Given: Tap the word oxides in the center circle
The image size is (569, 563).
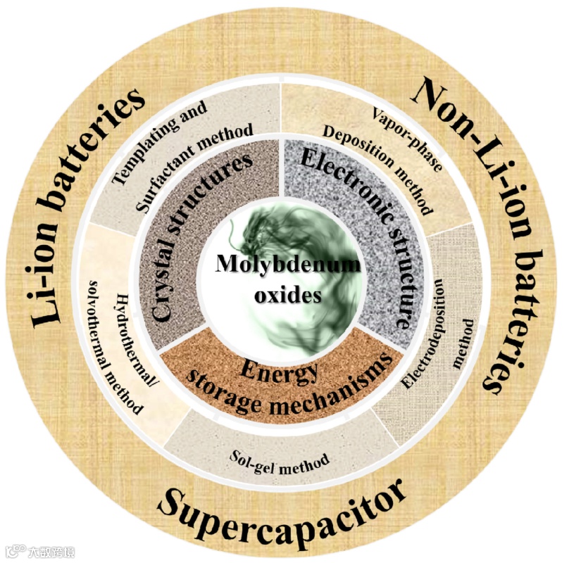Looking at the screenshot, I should [287, 295].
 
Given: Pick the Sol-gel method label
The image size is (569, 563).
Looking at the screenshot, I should [280, 458].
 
